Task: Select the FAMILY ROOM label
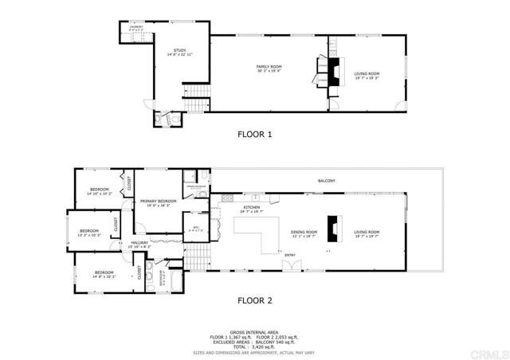pyautogui.click(x=268, y=68)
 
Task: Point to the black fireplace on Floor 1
pyautogui.click(x=331, y=68)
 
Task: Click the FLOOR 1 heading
pyautogui.click(x=255, y=135)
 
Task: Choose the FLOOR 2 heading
pyautogui.click(x=255, y=301)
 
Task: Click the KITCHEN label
pyautogui.click(x=252, y=208)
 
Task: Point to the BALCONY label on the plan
pyautogui.click(x=326, y=181)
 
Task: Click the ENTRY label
pyautogui.click(x=289, y=256)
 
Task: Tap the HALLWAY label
pyautogui.click(x=140, y=244)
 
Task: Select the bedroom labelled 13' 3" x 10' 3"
pyautogui.click(x=88, y=233)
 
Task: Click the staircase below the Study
pyautogui.click(x=195, y=106)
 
